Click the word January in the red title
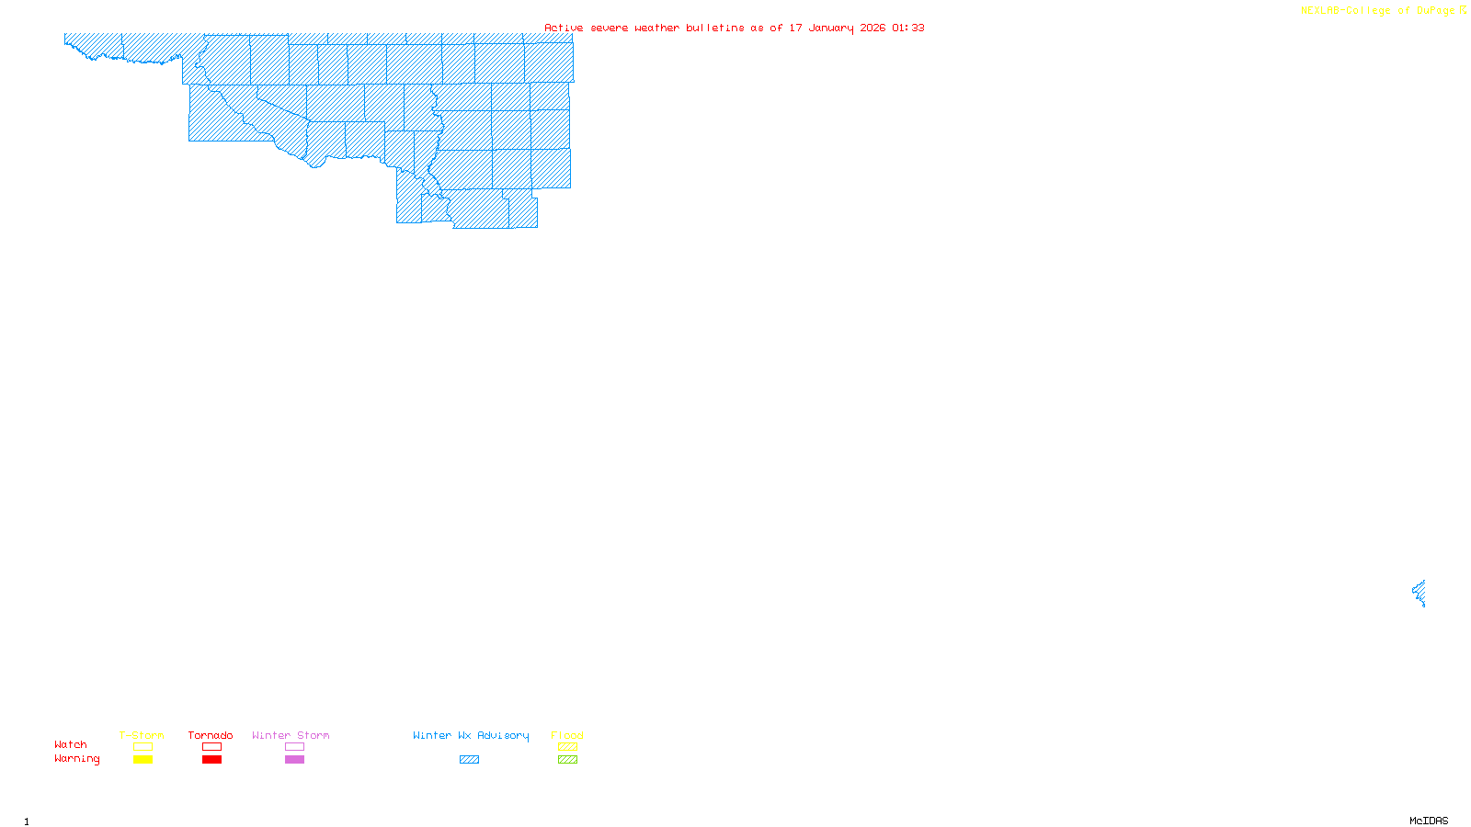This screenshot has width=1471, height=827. pyautogui.click(x=830, y=28)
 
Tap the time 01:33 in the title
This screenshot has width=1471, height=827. pyautogui.click(x=908, y=28)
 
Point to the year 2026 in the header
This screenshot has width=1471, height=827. pyautogui.click(x=872, y=28)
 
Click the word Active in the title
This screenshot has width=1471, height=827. pyautogui.click(x=564, y=28)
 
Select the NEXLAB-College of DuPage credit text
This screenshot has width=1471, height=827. pyautogui.click(x=1377, y=11)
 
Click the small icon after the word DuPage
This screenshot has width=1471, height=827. pyautogui.click(x=1463, y=10)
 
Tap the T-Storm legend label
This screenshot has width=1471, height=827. pyautogui.click(x=142, y=735)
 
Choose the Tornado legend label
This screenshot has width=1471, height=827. pyautogui.click(x=211, y=735)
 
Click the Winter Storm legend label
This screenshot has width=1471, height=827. pyautogui.click(x=291, y=735)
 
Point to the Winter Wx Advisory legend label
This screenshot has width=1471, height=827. pyautogui.click(x=471, y=735)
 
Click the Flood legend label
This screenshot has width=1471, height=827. pyautogui.click(x=567, y=735)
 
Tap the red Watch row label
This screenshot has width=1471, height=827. pyautogui.click(x=71, y=744)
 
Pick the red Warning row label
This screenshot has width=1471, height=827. pyautogui.click(x=77, y=759)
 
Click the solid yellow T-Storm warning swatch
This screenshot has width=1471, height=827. pyautogui.click(x=143, y=760)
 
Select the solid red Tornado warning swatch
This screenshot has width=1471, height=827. pyautogui.click(x=212, y=760)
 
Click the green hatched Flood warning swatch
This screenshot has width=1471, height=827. pyautogui.click(x=568, y=760)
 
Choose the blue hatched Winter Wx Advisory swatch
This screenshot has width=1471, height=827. pyautogui.click(x=469, y=760)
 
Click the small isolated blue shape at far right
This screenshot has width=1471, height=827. pyautogui.click(x=1420, y=593)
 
